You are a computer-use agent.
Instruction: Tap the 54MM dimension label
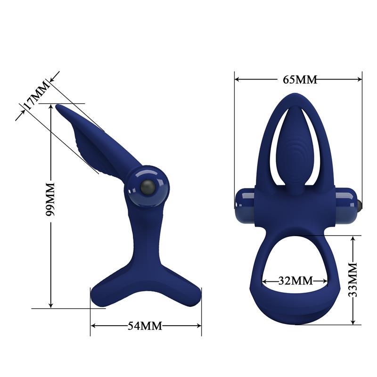pyautogui.click(x=145, y=325)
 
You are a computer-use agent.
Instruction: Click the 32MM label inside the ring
pyautogui.click(x=295, y=280)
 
